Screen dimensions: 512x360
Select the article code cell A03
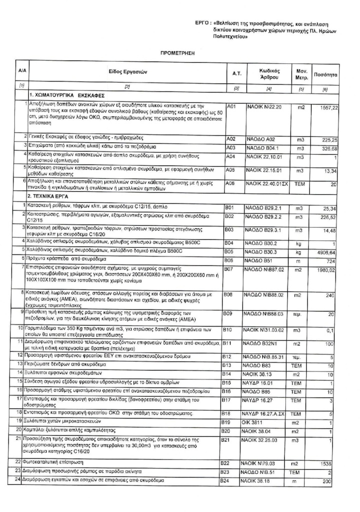point(230,148)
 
